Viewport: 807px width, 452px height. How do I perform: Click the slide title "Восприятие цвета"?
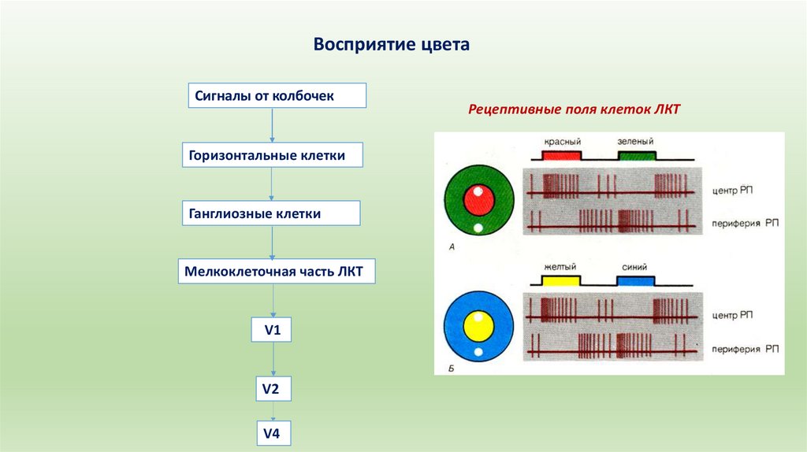coord(392,44)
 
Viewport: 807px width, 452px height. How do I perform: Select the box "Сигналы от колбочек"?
coord(277,96)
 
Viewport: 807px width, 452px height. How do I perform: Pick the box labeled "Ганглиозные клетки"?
coord(272,213)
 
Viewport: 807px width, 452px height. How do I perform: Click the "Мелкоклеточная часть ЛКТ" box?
coord(275,272)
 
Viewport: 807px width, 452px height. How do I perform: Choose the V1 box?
coord(273,330)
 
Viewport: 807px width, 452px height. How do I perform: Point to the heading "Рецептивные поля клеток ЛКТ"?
coord(574,110)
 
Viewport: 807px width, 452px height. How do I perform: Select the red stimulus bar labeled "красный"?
coord(561,155)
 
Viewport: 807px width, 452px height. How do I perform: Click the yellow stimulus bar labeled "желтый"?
coord(560,280)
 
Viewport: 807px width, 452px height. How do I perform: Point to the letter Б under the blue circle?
coord(451,366)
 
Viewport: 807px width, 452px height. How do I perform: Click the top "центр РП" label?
coord(736,191)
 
